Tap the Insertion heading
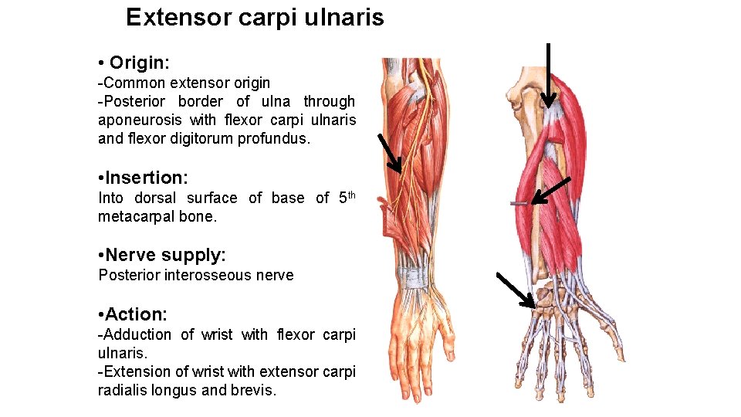(x=147, y=178)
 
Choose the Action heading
(x=136, y=314)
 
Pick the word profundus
(x=272, y=139)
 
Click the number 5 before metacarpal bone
(x=343, y=198)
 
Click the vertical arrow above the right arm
(x=548, y=74)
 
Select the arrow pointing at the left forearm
(x=390, y=152)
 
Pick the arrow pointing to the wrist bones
(x=516, y=290)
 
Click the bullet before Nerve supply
(x=102, y=256)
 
